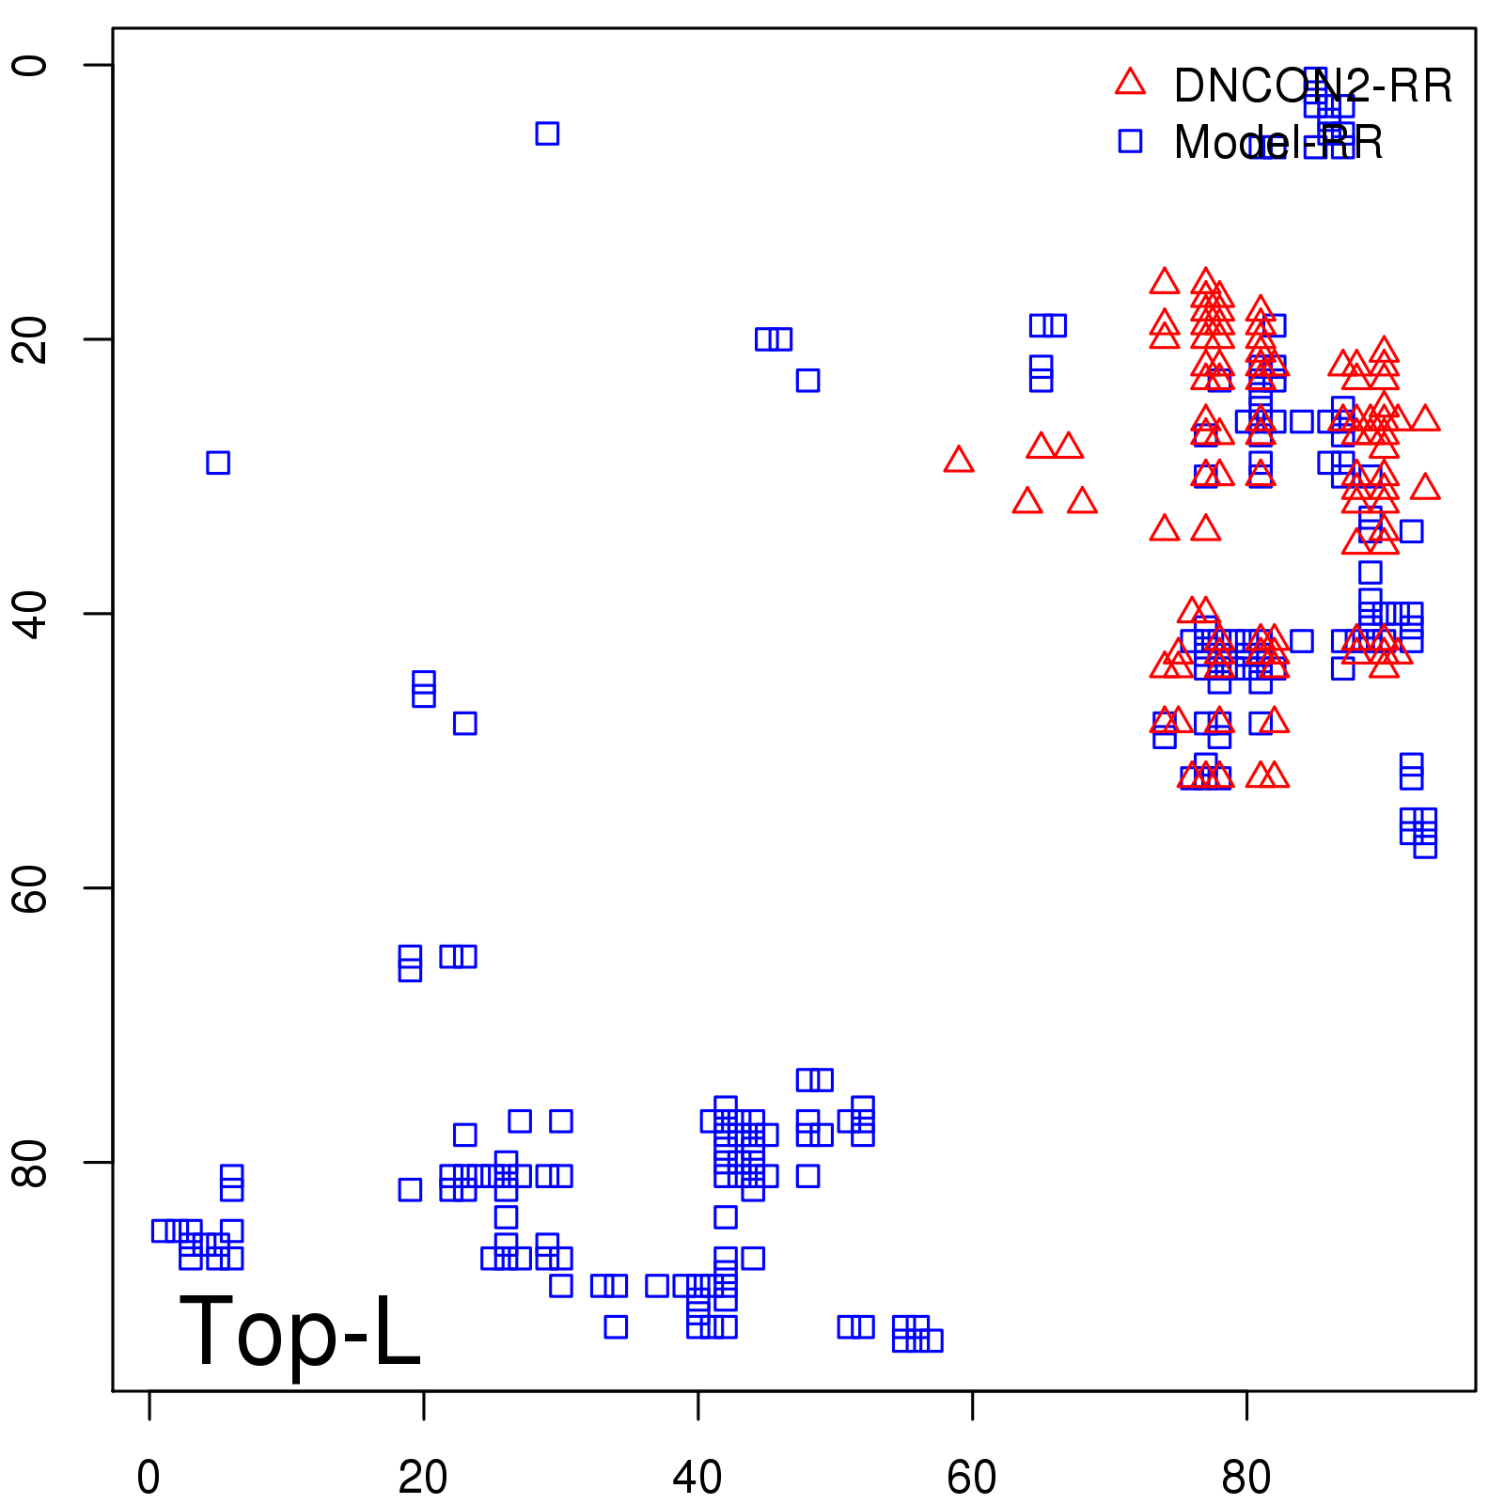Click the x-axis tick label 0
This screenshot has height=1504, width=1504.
point(149,1478)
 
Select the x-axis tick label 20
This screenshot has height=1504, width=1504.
point(423,1478)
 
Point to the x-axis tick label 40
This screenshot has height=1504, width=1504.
point(697,1478)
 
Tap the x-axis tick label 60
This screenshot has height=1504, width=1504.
point(972,1478)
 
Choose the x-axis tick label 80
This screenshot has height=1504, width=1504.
point(1246,1478)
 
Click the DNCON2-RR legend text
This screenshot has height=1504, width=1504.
point(1312,86)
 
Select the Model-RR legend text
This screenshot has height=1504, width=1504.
point(1277,143)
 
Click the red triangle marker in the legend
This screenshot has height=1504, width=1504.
point(1130,83)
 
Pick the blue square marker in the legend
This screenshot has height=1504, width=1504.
point(1130,141)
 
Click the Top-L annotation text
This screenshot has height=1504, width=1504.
point(300,1332)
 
